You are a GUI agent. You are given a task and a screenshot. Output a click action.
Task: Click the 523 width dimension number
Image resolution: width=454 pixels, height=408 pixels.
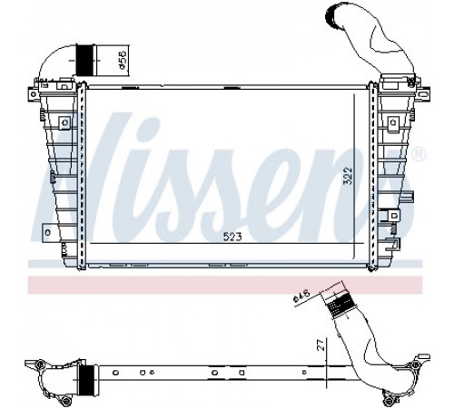pos(232,237)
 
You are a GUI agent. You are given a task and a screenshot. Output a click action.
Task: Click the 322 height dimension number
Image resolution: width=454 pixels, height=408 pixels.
pos(348,176)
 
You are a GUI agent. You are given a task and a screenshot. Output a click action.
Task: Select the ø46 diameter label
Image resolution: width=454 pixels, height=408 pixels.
pos(301,296)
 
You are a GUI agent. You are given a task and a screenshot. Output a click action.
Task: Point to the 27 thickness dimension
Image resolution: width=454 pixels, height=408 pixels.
pos(321,345)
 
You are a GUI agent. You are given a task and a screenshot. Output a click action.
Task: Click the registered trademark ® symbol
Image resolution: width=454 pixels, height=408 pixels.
pos(419,154)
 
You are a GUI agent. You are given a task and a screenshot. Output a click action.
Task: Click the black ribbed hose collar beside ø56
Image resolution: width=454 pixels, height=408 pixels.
pos(85,60)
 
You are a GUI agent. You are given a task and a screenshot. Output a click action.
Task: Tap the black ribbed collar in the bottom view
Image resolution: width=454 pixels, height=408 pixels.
pos(87,379)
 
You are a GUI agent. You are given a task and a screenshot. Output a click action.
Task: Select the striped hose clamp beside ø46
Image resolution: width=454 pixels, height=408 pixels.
pos(340,303)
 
